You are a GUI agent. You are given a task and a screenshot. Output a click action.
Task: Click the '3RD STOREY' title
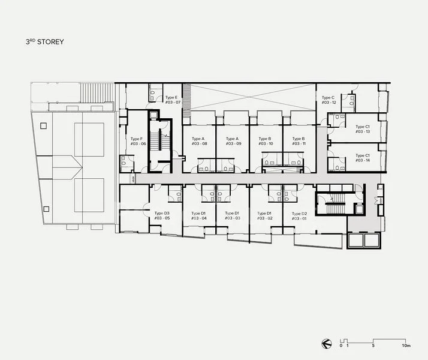click(41, 42)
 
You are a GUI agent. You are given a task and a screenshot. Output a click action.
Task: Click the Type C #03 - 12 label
click(328, 100)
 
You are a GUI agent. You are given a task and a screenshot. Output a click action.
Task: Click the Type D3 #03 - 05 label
click(162, 216)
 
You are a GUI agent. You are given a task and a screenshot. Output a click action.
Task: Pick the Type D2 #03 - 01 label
click(299, 216)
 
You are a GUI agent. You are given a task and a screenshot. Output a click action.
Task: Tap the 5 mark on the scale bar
click(373, 346)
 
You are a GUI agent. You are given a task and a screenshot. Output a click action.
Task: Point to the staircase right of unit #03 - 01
click(330, 205)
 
